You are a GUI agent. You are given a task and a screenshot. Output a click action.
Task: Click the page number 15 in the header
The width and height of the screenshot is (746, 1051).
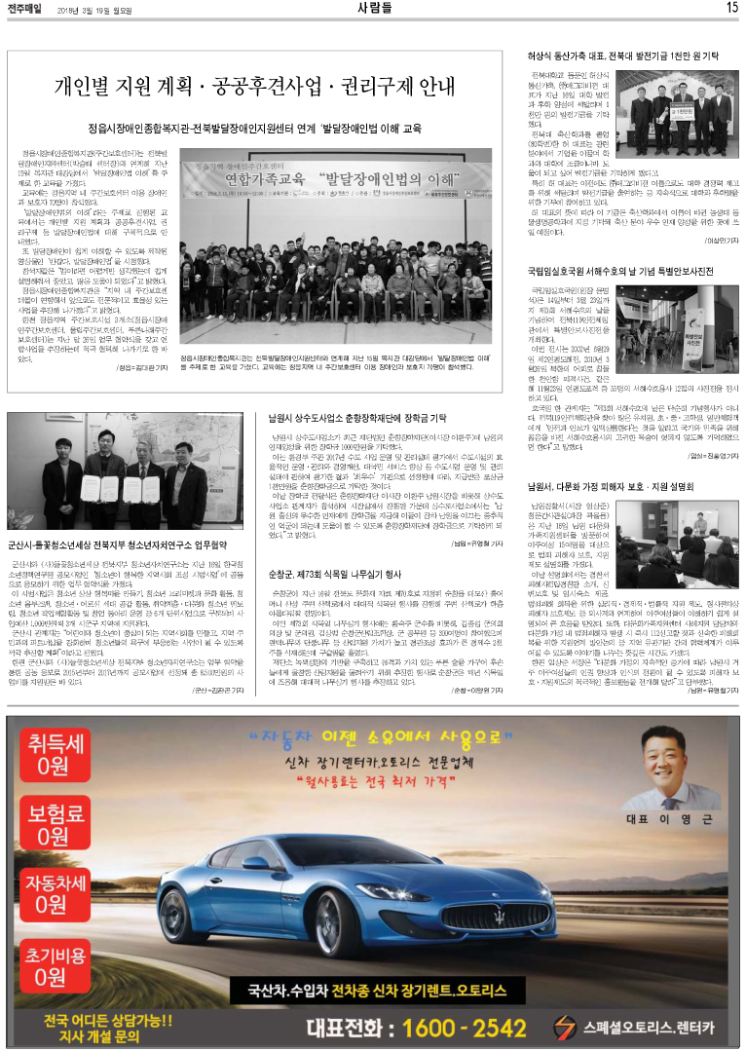coord(731,8)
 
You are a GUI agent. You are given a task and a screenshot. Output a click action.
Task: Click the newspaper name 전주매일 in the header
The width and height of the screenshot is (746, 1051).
coord(25,8)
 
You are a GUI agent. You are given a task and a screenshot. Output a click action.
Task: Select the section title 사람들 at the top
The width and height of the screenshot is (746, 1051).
coord(374,8)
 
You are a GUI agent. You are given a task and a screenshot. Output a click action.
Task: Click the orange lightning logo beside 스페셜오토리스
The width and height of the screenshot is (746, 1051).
coord(564,1026)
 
